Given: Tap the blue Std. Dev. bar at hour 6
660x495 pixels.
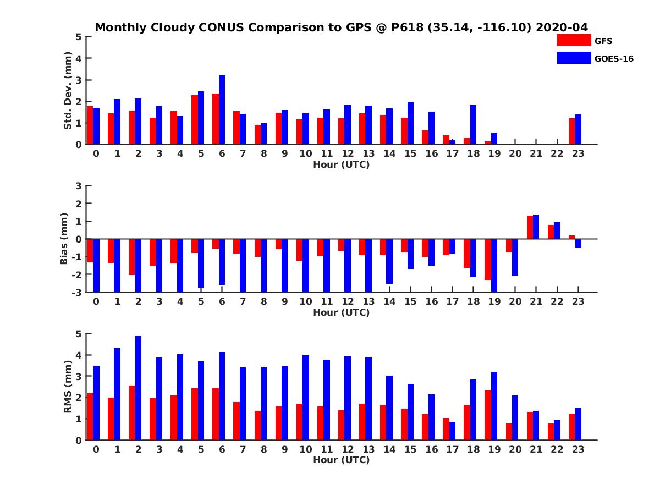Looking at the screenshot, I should [x=222, y=109].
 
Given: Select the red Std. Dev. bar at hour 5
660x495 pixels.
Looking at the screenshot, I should [x=195, y=120].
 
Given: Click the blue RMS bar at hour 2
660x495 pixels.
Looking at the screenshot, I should [x=138, y=388].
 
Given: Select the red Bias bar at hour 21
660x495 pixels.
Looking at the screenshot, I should [x=530, y=227].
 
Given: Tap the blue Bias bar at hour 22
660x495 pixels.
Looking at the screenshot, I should [x=557, y=230].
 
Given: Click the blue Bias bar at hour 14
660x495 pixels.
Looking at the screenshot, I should [x=389, y=261].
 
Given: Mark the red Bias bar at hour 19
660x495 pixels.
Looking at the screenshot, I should [x=487, y=260].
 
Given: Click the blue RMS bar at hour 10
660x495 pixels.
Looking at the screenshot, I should [x=305, y=398].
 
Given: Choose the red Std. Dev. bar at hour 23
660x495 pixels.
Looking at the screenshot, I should [x=571, y=131].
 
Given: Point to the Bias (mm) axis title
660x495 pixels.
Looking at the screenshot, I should [x=64, y=239].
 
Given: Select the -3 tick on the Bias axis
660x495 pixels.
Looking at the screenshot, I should [x=77, y=292].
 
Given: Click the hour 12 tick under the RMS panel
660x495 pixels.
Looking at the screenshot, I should [x=348, y=449].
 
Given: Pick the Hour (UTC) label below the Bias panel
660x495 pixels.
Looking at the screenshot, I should [x=341, y=312].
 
